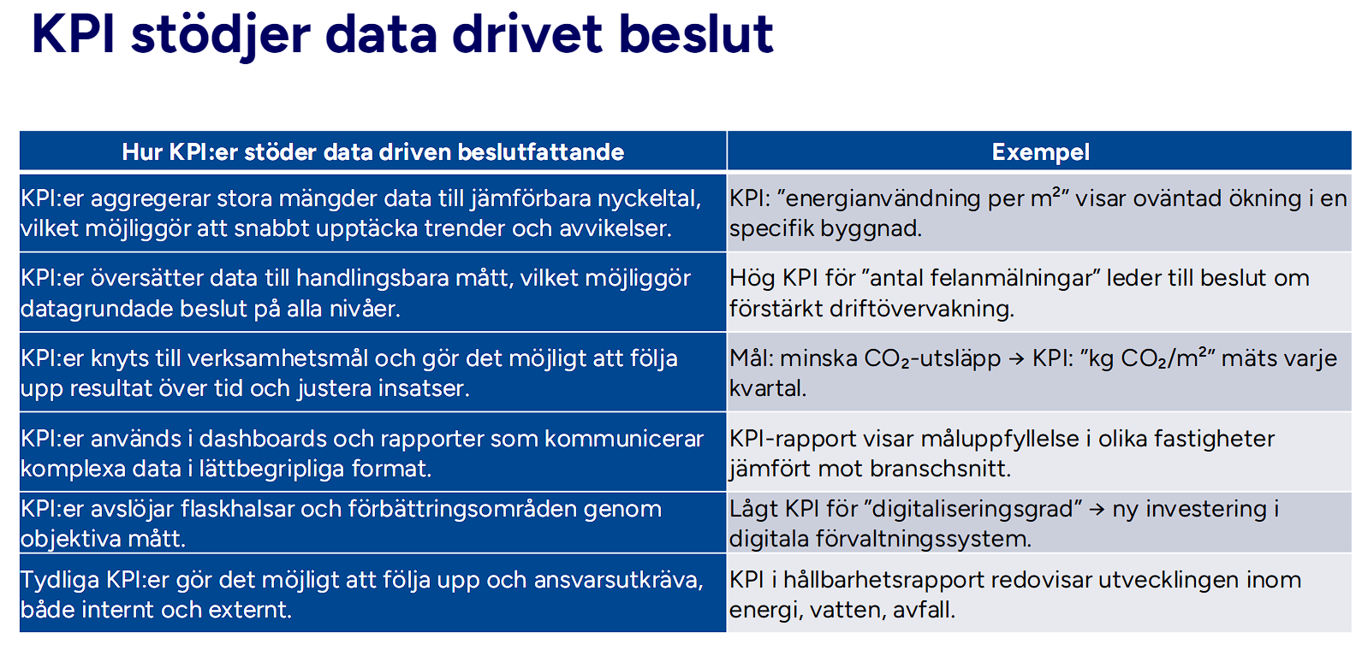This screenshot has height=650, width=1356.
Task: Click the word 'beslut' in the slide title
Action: pos(696,36)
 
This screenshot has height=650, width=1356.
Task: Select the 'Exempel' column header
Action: pos(1040,152)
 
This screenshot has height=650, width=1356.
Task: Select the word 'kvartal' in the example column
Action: pos(765,388)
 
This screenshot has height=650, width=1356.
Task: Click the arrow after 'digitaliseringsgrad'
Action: pos(1097,510)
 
